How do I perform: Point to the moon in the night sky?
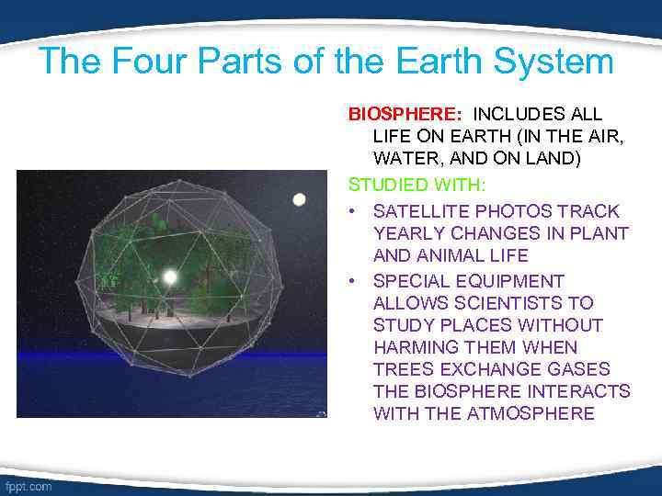click(x=299, y=199)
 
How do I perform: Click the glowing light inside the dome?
click(x=170, y=276)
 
